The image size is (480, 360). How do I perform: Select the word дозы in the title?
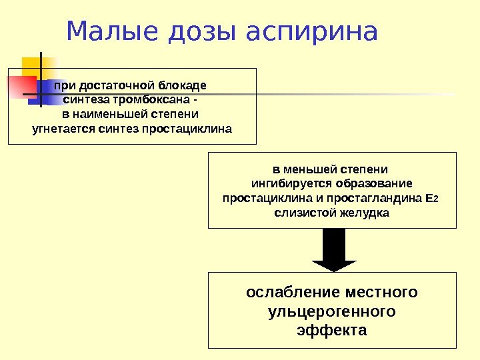pos(199,31)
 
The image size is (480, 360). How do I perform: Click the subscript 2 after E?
pos(437,199)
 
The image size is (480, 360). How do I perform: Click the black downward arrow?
pos(333,250)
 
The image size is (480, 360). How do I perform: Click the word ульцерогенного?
pos(331,311)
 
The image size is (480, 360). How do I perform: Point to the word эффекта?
pos(331,330)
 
